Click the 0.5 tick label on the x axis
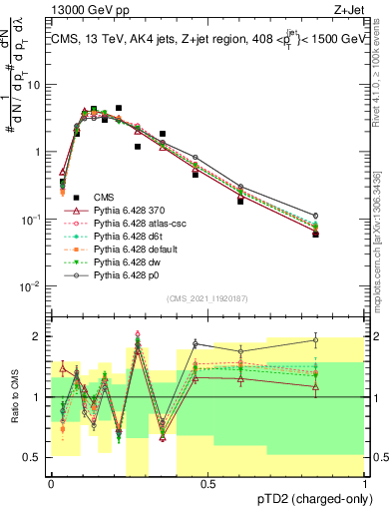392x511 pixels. pos(208,483)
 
